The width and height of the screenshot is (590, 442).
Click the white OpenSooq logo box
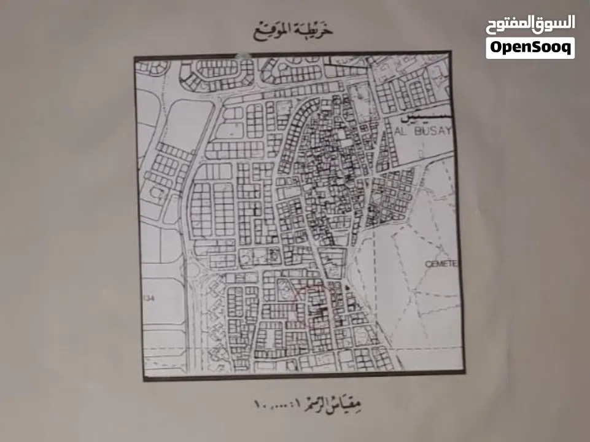click(530, 48)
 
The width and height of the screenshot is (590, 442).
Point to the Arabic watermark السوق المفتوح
click(530, 24)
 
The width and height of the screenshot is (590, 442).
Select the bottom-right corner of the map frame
click(463, 372)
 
